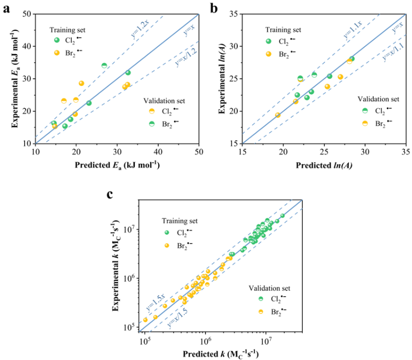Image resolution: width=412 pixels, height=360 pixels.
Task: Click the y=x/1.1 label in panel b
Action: [391, 53]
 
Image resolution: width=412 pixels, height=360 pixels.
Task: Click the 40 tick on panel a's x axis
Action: [158, 150]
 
